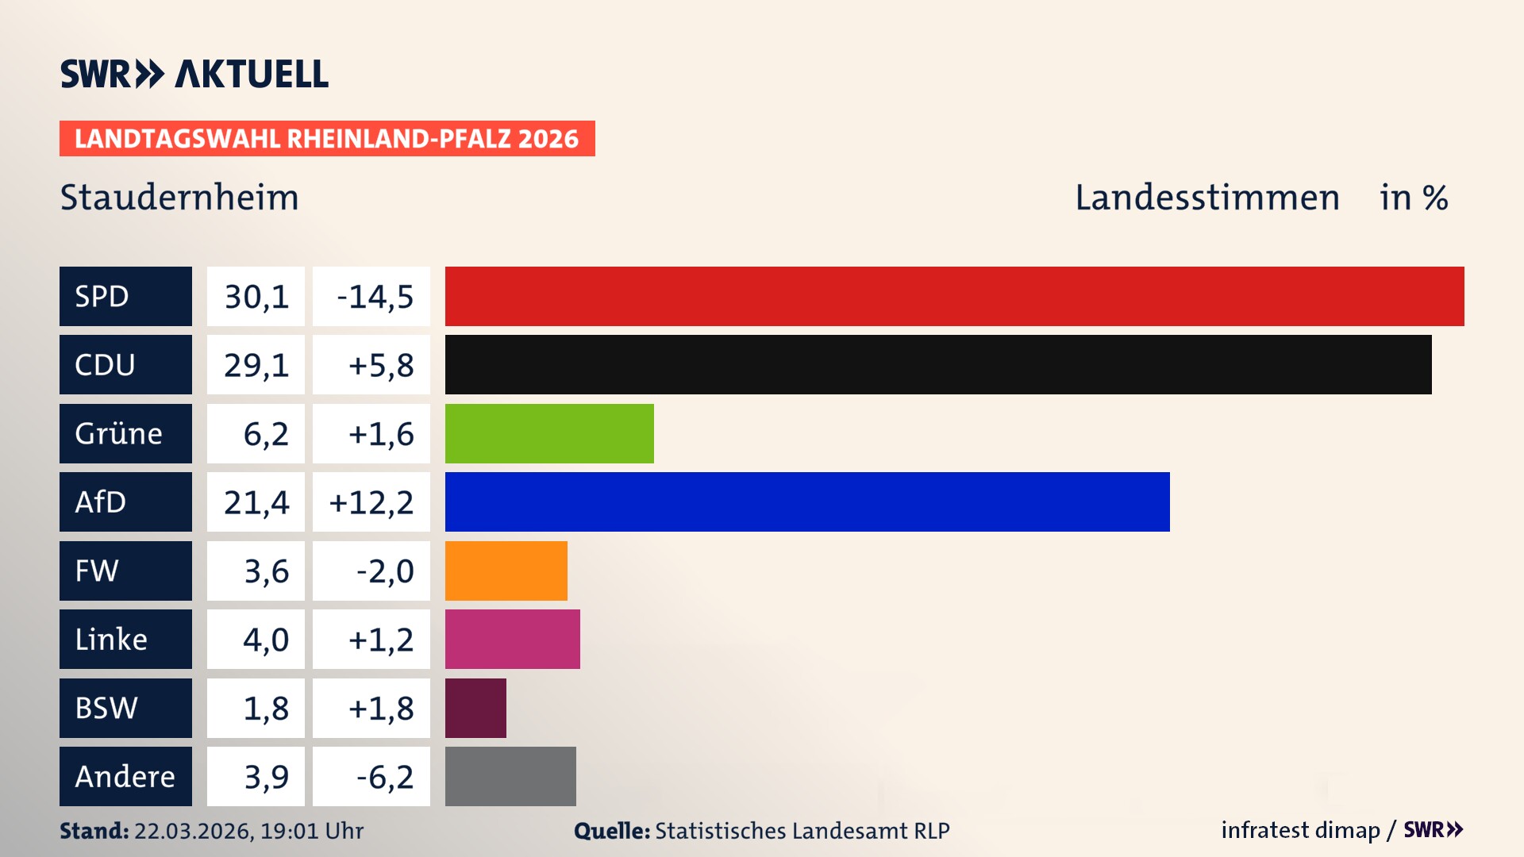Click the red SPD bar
pos(954,296)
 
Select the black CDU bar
pos(938,364)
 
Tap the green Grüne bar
pos(549,433)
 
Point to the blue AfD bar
pos(807,502)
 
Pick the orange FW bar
pos(506,571)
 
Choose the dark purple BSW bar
pos(475,708)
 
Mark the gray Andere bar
pos(510,776)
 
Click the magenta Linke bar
pos(513,639)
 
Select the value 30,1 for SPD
pos(256,297)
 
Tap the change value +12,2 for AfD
pos(371,502)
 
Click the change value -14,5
pos(375,297)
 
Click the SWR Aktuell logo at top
pos(194,74)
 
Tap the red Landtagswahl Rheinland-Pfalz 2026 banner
pos(327,139)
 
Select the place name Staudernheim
pos(179,198)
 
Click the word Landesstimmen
pos(1206,198)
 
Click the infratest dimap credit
pos(1299,830)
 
